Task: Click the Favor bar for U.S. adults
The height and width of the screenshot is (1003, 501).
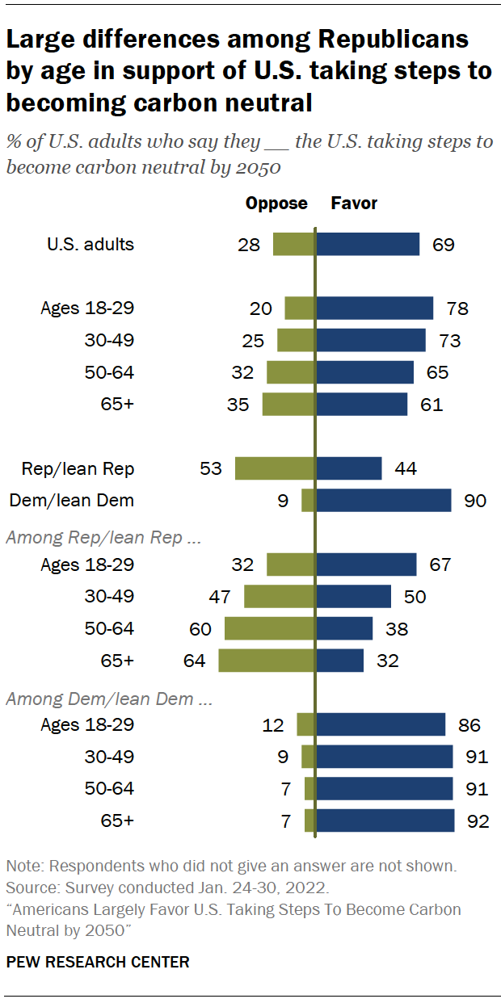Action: (x=368, y=244)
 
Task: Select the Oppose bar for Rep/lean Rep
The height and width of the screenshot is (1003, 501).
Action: (x=274, y=468)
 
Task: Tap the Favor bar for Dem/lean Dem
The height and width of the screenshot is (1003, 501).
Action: (x=383, y=501)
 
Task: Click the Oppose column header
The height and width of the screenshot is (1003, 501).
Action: (x=276, y=204)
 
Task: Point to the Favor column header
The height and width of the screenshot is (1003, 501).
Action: (x=354, y=204)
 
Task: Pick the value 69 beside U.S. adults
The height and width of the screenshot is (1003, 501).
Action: (x=443, y=244)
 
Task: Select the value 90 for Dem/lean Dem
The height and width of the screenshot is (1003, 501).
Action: (x=475, y=501)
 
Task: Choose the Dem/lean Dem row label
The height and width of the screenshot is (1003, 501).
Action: (x=71, y=501)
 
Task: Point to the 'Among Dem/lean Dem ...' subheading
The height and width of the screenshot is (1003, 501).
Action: (x=109, y=699)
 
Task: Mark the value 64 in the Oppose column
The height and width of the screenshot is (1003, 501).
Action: (x=194, y=661)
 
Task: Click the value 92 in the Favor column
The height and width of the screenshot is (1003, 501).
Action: (x=478, y=820)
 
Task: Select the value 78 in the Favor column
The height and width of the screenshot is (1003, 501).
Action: (x=457, y=308)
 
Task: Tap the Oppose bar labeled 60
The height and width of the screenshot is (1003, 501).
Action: (x=269, y=628)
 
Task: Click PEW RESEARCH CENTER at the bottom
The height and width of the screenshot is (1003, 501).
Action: (x=98, y=962)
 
